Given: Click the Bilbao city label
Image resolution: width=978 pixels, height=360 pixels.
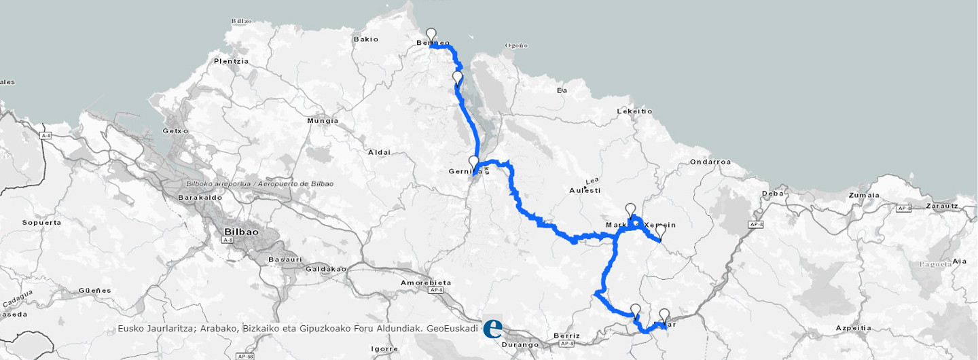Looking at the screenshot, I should [241, 232].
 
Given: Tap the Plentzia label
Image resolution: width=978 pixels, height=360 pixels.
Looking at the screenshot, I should [231, 61].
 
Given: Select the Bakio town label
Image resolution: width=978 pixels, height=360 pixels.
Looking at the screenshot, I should [365, 39].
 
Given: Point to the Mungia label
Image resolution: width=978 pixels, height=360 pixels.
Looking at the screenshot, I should [323, 121].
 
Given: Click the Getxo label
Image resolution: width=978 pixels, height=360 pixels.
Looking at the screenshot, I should [175, 131].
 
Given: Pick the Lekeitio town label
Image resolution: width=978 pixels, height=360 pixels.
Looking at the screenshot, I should [634, 111].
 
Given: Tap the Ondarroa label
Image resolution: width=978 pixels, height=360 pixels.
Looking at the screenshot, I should [710, 162].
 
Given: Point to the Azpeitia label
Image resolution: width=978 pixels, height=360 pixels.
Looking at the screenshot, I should [853, 327].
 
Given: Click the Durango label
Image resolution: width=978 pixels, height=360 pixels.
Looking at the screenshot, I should [520, 344].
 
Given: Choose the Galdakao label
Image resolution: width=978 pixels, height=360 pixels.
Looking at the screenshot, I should [327, 269].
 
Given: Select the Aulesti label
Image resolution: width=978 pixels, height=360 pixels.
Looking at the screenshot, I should [585, 190].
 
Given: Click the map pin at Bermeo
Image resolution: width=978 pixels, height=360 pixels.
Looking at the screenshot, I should [431, 35].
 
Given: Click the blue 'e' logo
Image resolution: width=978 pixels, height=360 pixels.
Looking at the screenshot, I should [492, 329].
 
